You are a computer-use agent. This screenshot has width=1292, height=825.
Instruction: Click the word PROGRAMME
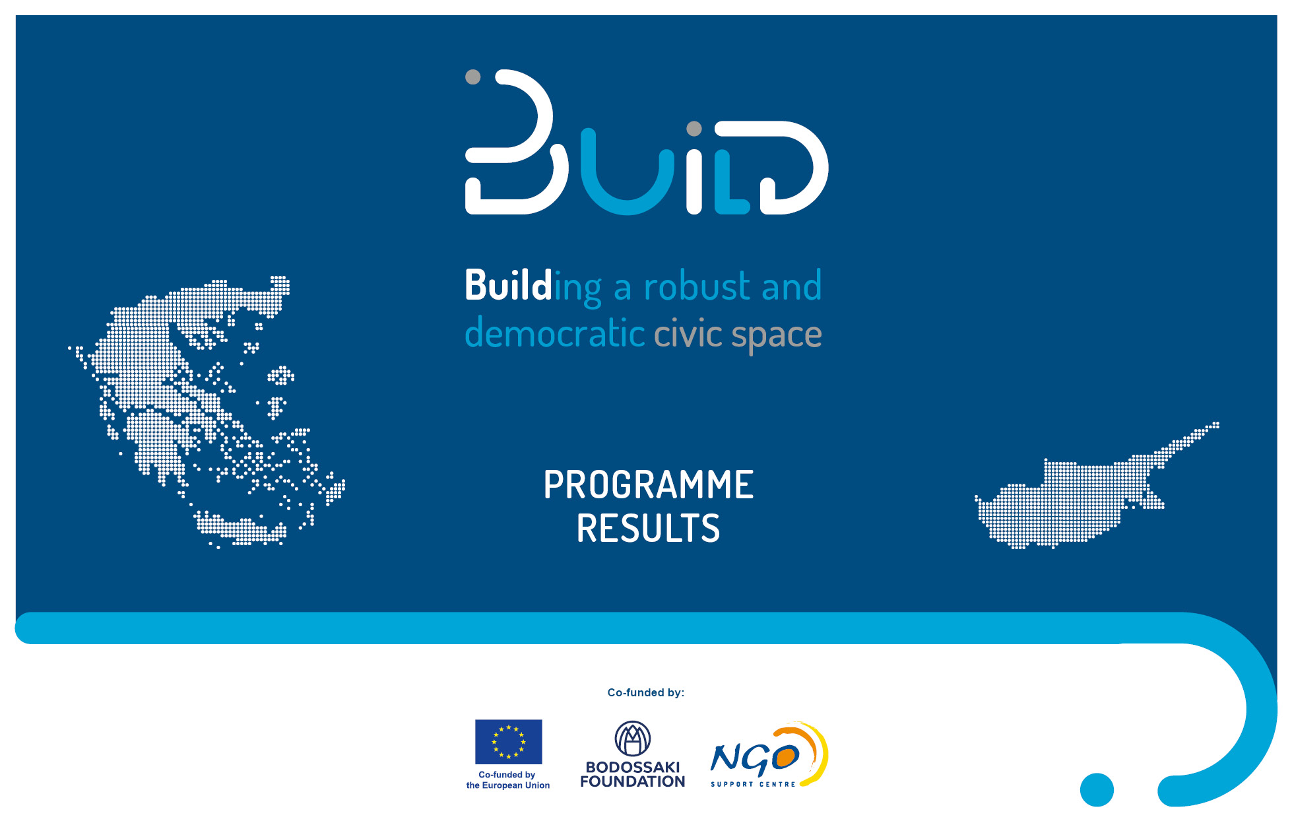pos(648,485)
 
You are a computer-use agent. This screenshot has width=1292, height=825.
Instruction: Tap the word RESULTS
pos(648,529)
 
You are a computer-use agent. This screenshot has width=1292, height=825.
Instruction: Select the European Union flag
pos(508,742)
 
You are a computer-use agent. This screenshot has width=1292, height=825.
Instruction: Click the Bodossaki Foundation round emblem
pos(633,739)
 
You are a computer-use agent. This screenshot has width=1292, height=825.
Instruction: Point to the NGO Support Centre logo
pos(769,755)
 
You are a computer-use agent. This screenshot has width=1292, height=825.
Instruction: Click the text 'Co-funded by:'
pos(646,692)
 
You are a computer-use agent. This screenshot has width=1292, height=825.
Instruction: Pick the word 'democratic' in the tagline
pos(554,333)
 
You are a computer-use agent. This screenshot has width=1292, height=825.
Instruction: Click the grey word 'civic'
pos(688,333)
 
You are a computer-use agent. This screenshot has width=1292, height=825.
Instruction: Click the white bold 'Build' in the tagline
pos(508,285)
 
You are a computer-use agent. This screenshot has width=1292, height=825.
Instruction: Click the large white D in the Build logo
pos(794,168)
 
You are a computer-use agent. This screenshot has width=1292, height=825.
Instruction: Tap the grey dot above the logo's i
pos(694,128)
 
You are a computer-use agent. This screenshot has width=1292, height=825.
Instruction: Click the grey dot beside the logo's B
pos(473,77)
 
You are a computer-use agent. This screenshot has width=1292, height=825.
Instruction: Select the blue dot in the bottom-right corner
pos(1097,789)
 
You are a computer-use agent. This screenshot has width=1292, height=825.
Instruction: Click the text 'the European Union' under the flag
pos(508,785)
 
